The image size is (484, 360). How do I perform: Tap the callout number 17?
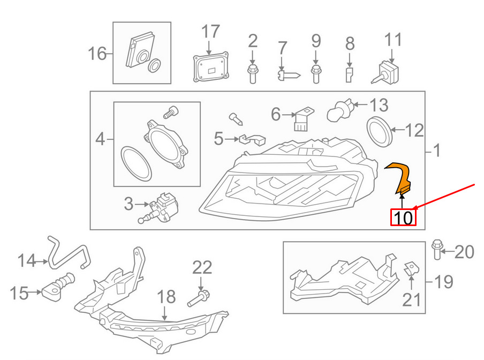(210, 32)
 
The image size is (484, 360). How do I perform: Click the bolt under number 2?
(252, 73)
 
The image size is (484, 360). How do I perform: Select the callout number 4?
(100, 140)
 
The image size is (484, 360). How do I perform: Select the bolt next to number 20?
(436, 250)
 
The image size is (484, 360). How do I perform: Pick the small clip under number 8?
(349, 75)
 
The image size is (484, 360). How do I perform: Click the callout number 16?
(97, 54)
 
